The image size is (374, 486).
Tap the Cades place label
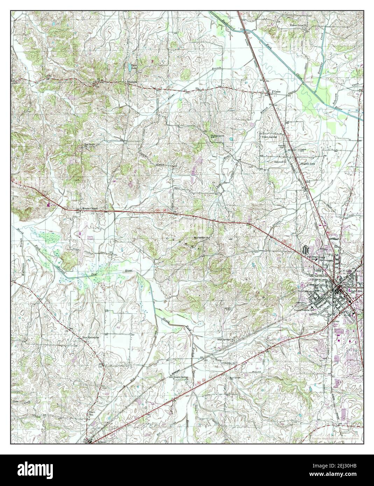[277, 92]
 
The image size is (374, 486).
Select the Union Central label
[269, 137]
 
